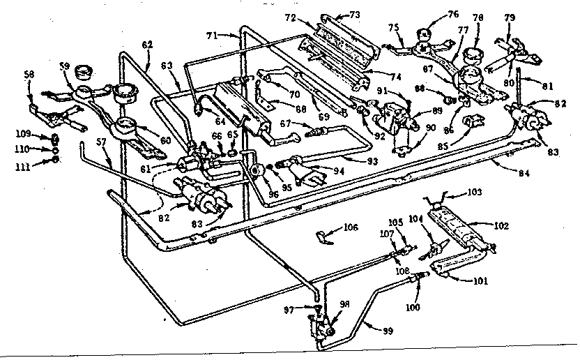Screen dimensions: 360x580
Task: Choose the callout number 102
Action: coord(501,225)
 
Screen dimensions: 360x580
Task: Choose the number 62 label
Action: coord(147,45)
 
